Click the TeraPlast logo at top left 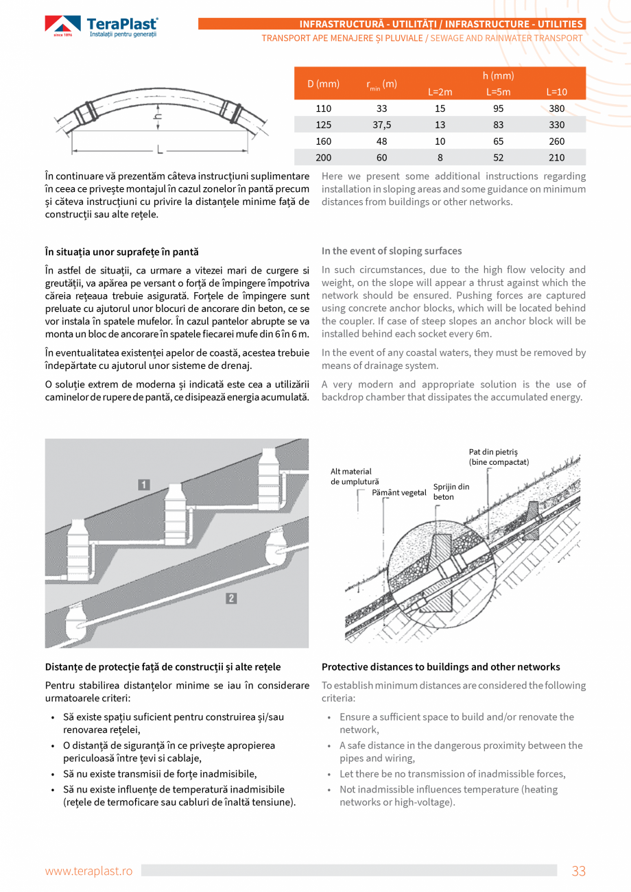[102, 27]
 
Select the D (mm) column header [323, 84]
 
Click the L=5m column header [498, 92]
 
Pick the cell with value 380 [556, 108]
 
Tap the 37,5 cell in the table [381, 125]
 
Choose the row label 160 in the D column [323, 141]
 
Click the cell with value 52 [498, 158]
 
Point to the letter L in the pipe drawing [159, 149]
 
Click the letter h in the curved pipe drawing [158, 117]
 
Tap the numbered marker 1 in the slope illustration [144, 485]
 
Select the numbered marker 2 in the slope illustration [232, 599]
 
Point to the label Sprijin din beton [451, 492]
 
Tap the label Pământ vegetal [398, 492]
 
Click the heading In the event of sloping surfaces [392, 251]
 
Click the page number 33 [578, 871]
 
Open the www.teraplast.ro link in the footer [88, 871]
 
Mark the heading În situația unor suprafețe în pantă [121, 252]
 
